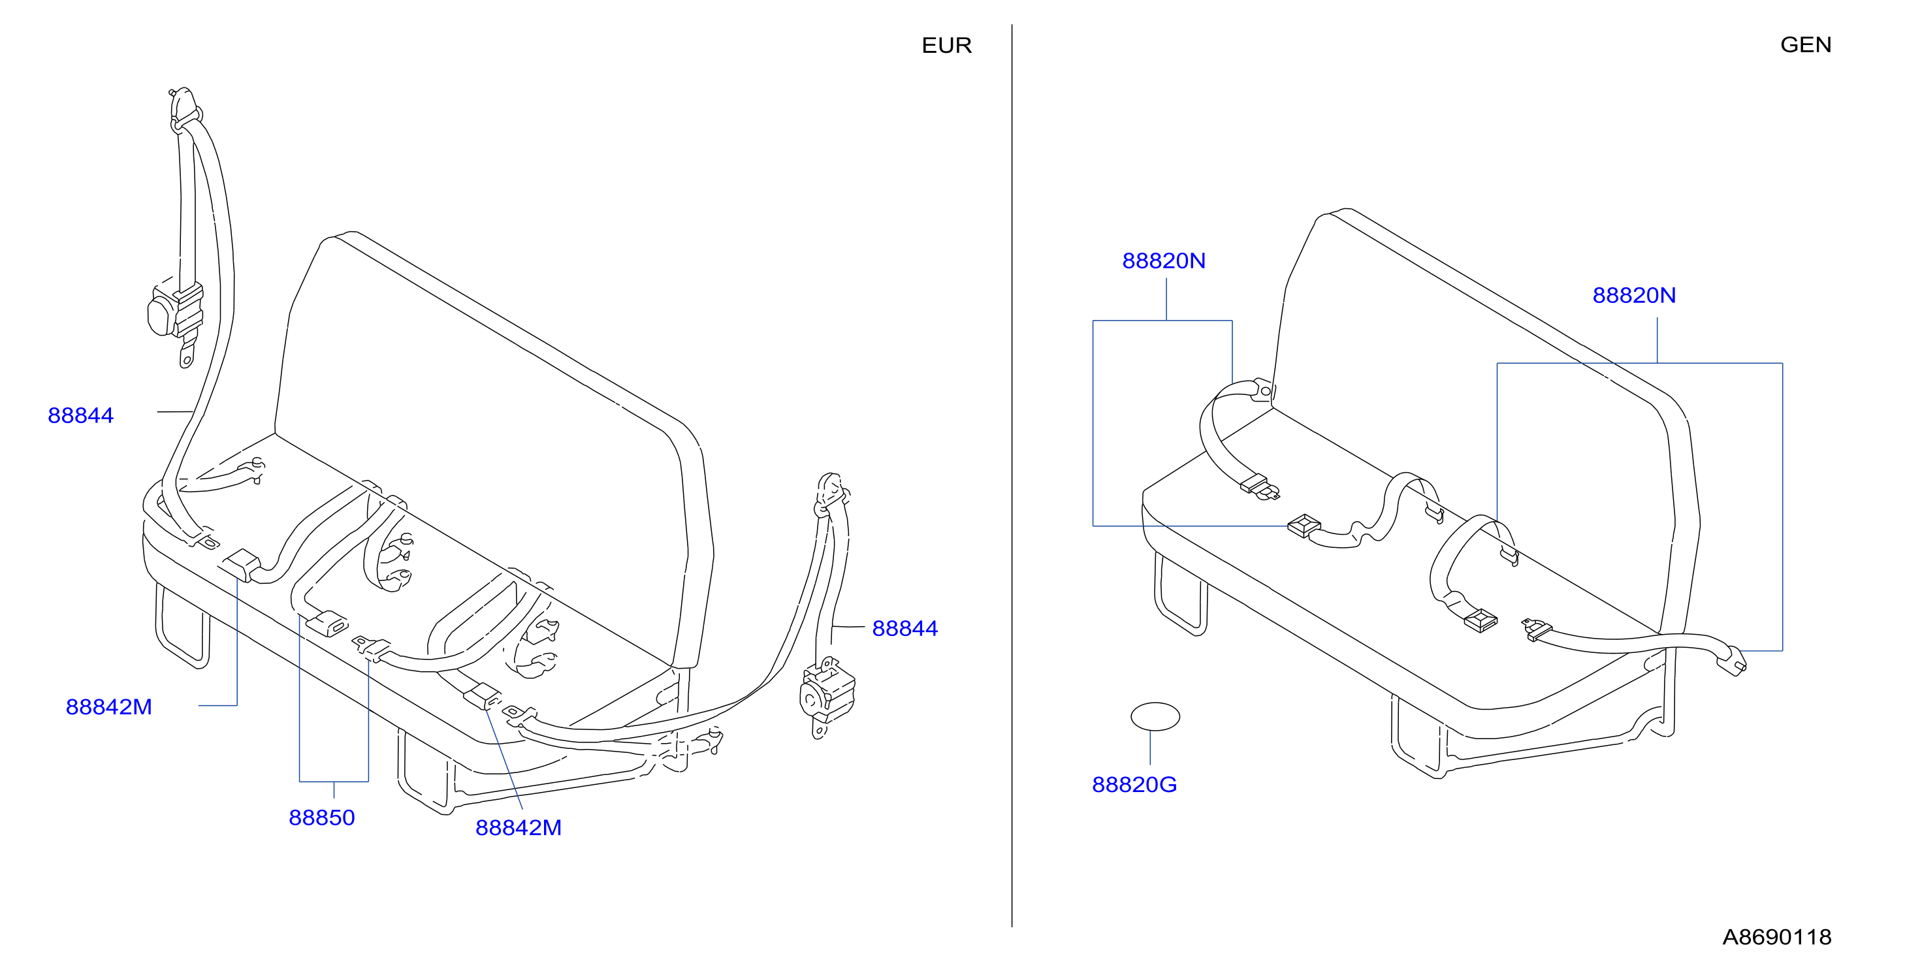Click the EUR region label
(x=946, y=45)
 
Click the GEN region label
(x=1805, y=44)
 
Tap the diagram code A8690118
(x=1776, y=936)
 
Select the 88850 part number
(x=322, y=818)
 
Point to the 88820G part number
(x=1134, y=784)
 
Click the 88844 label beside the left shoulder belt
(x=80, y=415)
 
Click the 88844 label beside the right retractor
(x=904, y=628)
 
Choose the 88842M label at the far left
(x=108, y=707)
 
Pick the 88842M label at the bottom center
(x=519, y=827)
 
